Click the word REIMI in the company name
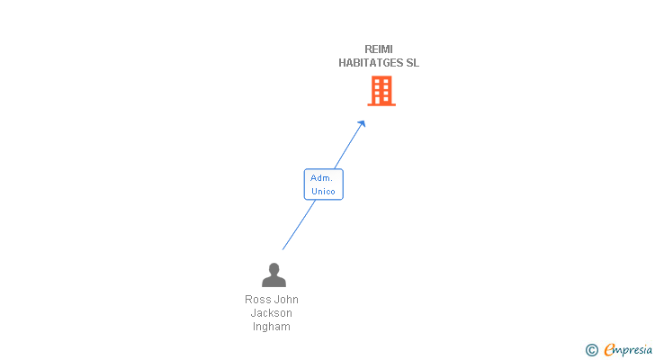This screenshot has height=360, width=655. pos(379,49)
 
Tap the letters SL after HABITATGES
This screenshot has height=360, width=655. pos(412,63)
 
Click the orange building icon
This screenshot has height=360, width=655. pos(381,91)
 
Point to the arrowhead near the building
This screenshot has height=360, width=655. pos(363,124)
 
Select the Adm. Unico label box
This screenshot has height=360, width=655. pos(323,184)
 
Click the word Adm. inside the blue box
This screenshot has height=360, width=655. pos(322,178)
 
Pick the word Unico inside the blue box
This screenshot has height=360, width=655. pos(323,192)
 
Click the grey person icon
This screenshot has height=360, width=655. pos(274,275)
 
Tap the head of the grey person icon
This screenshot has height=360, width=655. pos(274,269)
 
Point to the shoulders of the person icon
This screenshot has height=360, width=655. pos(274,282)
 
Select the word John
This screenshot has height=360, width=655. pos(286,300)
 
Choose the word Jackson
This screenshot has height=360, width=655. pos(272,313)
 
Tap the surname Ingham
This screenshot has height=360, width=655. pos(272,327)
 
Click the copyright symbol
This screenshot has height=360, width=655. pos(592,350)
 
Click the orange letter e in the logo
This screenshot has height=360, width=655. pos(610,350)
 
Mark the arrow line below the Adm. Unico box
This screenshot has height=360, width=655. pos(299,224)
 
